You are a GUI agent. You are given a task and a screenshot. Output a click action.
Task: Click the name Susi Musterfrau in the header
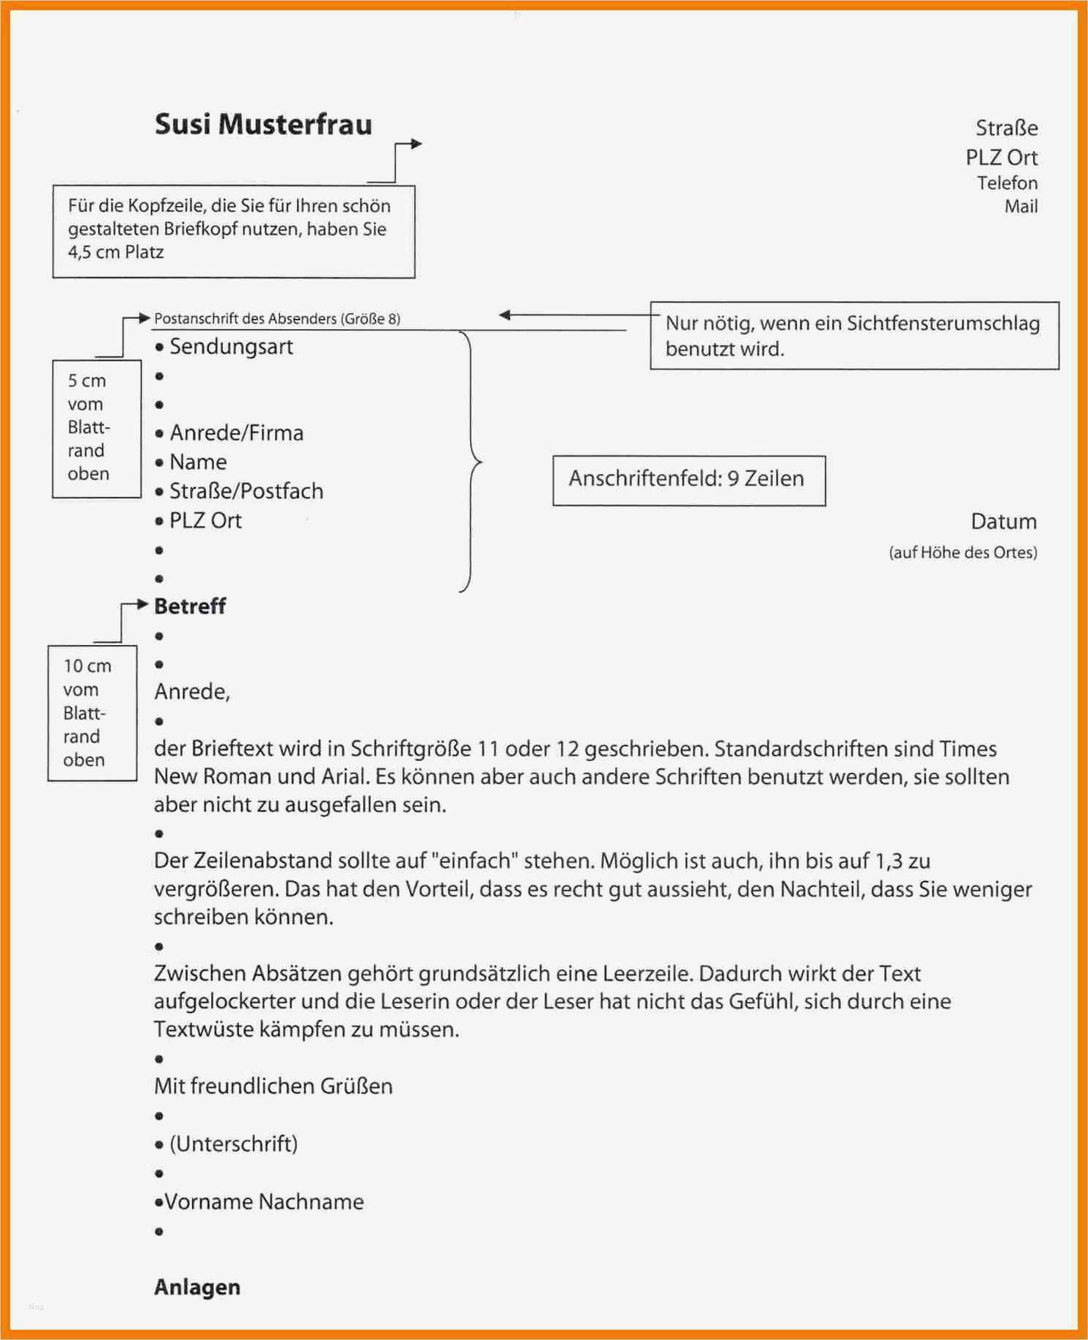pos(263,125)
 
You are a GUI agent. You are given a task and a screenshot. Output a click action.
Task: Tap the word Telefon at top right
pos(1007,183)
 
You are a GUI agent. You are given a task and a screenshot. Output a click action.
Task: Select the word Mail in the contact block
pos(1021,207)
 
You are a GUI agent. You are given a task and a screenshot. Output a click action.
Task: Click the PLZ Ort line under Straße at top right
pos(1001,158)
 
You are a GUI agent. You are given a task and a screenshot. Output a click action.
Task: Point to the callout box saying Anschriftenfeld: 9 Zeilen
pos(688,480)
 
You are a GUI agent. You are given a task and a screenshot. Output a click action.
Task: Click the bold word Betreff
pos(190,606)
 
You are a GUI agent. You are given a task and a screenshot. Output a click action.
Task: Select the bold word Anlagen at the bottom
pos(196,1286)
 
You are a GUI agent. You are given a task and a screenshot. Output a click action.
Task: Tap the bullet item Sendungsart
pos(230,347)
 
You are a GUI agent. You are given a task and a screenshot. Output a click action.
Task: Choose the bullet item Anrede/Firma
pos(236,433)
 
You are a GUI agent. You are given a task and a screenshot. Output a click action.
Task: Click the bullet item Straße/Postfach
pos(246,491)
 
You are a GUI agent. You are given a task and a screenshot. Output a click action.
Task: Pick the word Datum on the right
pos(1003,522)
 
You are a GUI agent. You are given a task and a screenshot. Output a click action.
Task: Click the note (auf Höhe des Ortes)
pos(963,553)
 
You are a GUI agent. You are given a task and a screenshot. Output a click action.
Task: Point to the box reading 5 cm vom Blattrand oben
pos(96,428)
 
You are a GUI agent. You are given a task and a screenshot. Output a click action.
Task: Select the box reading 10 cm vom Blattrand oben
pos(92,713)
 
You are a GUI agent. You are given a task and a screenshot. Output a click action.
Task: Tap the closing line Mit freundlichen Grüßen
pos(273,1086)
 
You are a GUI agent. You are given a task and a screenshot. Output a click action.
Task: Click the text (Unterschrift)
pos(233,1144)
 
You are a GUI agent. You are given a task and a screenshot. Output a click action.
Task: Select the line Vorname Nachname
pos(263,1201)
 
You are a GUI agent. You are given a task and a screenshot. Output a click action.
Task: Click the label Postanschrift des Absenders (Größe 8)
pos(276,319)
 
